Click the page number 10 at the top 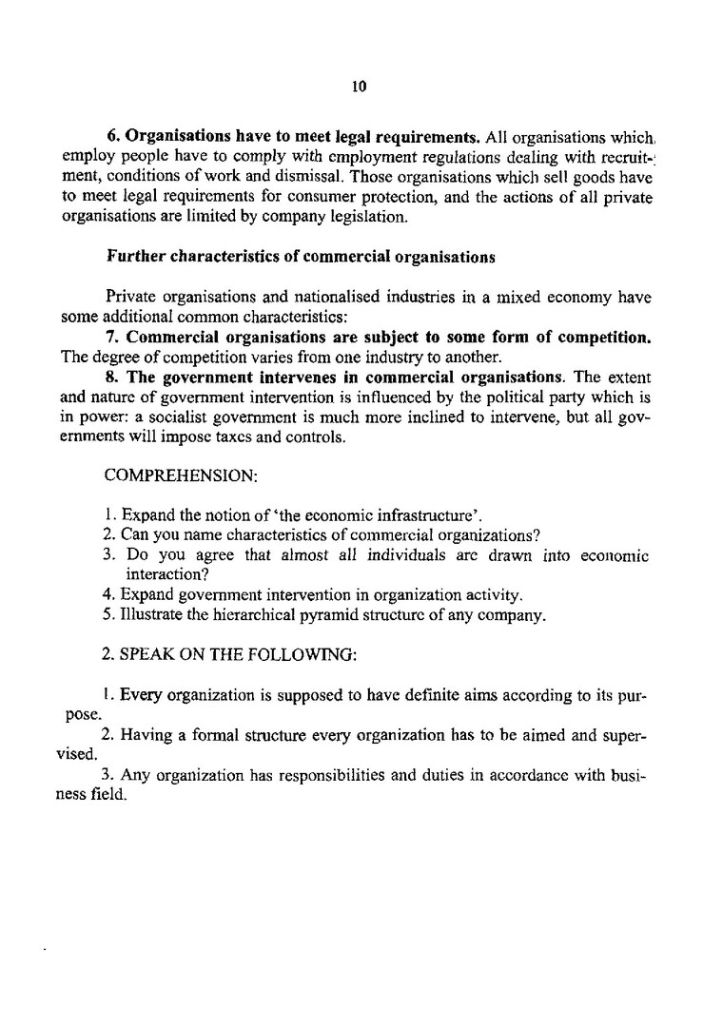[359, 87]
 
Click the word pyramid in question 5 [298, 615]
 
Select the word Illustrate [148, 615]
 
